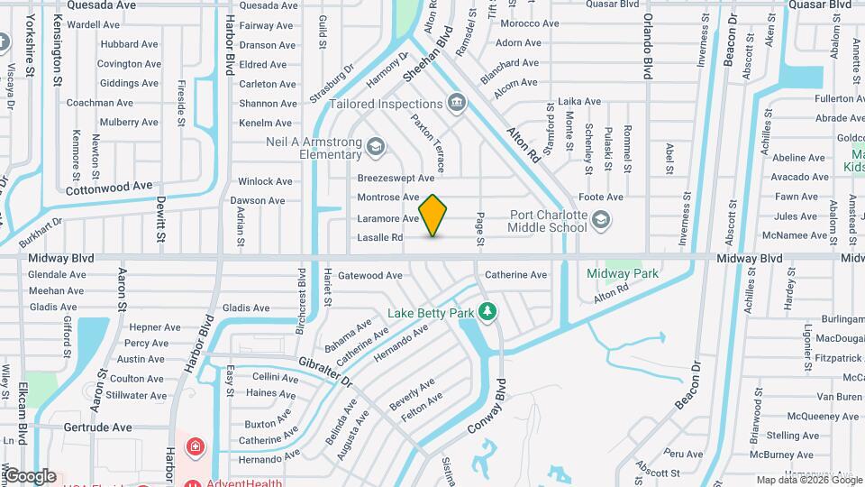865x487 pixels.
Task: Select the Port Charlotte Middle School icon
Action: click(x=600, y=220)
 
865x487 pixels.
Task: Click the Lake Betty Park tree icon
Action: click(x=487, y=312)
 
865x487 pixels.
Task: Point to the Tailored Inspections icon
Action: click(x=457, y=103)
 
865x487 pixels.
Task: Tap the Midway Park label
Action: click(x=623, y=273)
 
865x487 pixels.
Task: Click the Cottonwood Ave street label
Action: click(x=109, y=186)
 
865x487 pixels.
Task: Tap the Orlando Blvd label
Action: click(x=647, y=45)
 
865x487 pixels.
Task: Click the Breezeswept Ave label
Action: click(x=396, y=179)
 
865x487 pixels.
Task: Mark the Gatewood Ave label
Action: click(x=369, y=275)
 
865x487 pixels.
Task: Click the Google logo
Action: click(x=30, y=476)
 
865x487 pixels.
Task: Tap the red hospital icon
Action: click(x=194, y=446)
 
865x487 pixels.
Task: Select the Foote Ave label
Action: click(x=601, y=197)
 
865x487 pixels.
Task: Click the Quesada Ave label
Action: click(x=102, y=5)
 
